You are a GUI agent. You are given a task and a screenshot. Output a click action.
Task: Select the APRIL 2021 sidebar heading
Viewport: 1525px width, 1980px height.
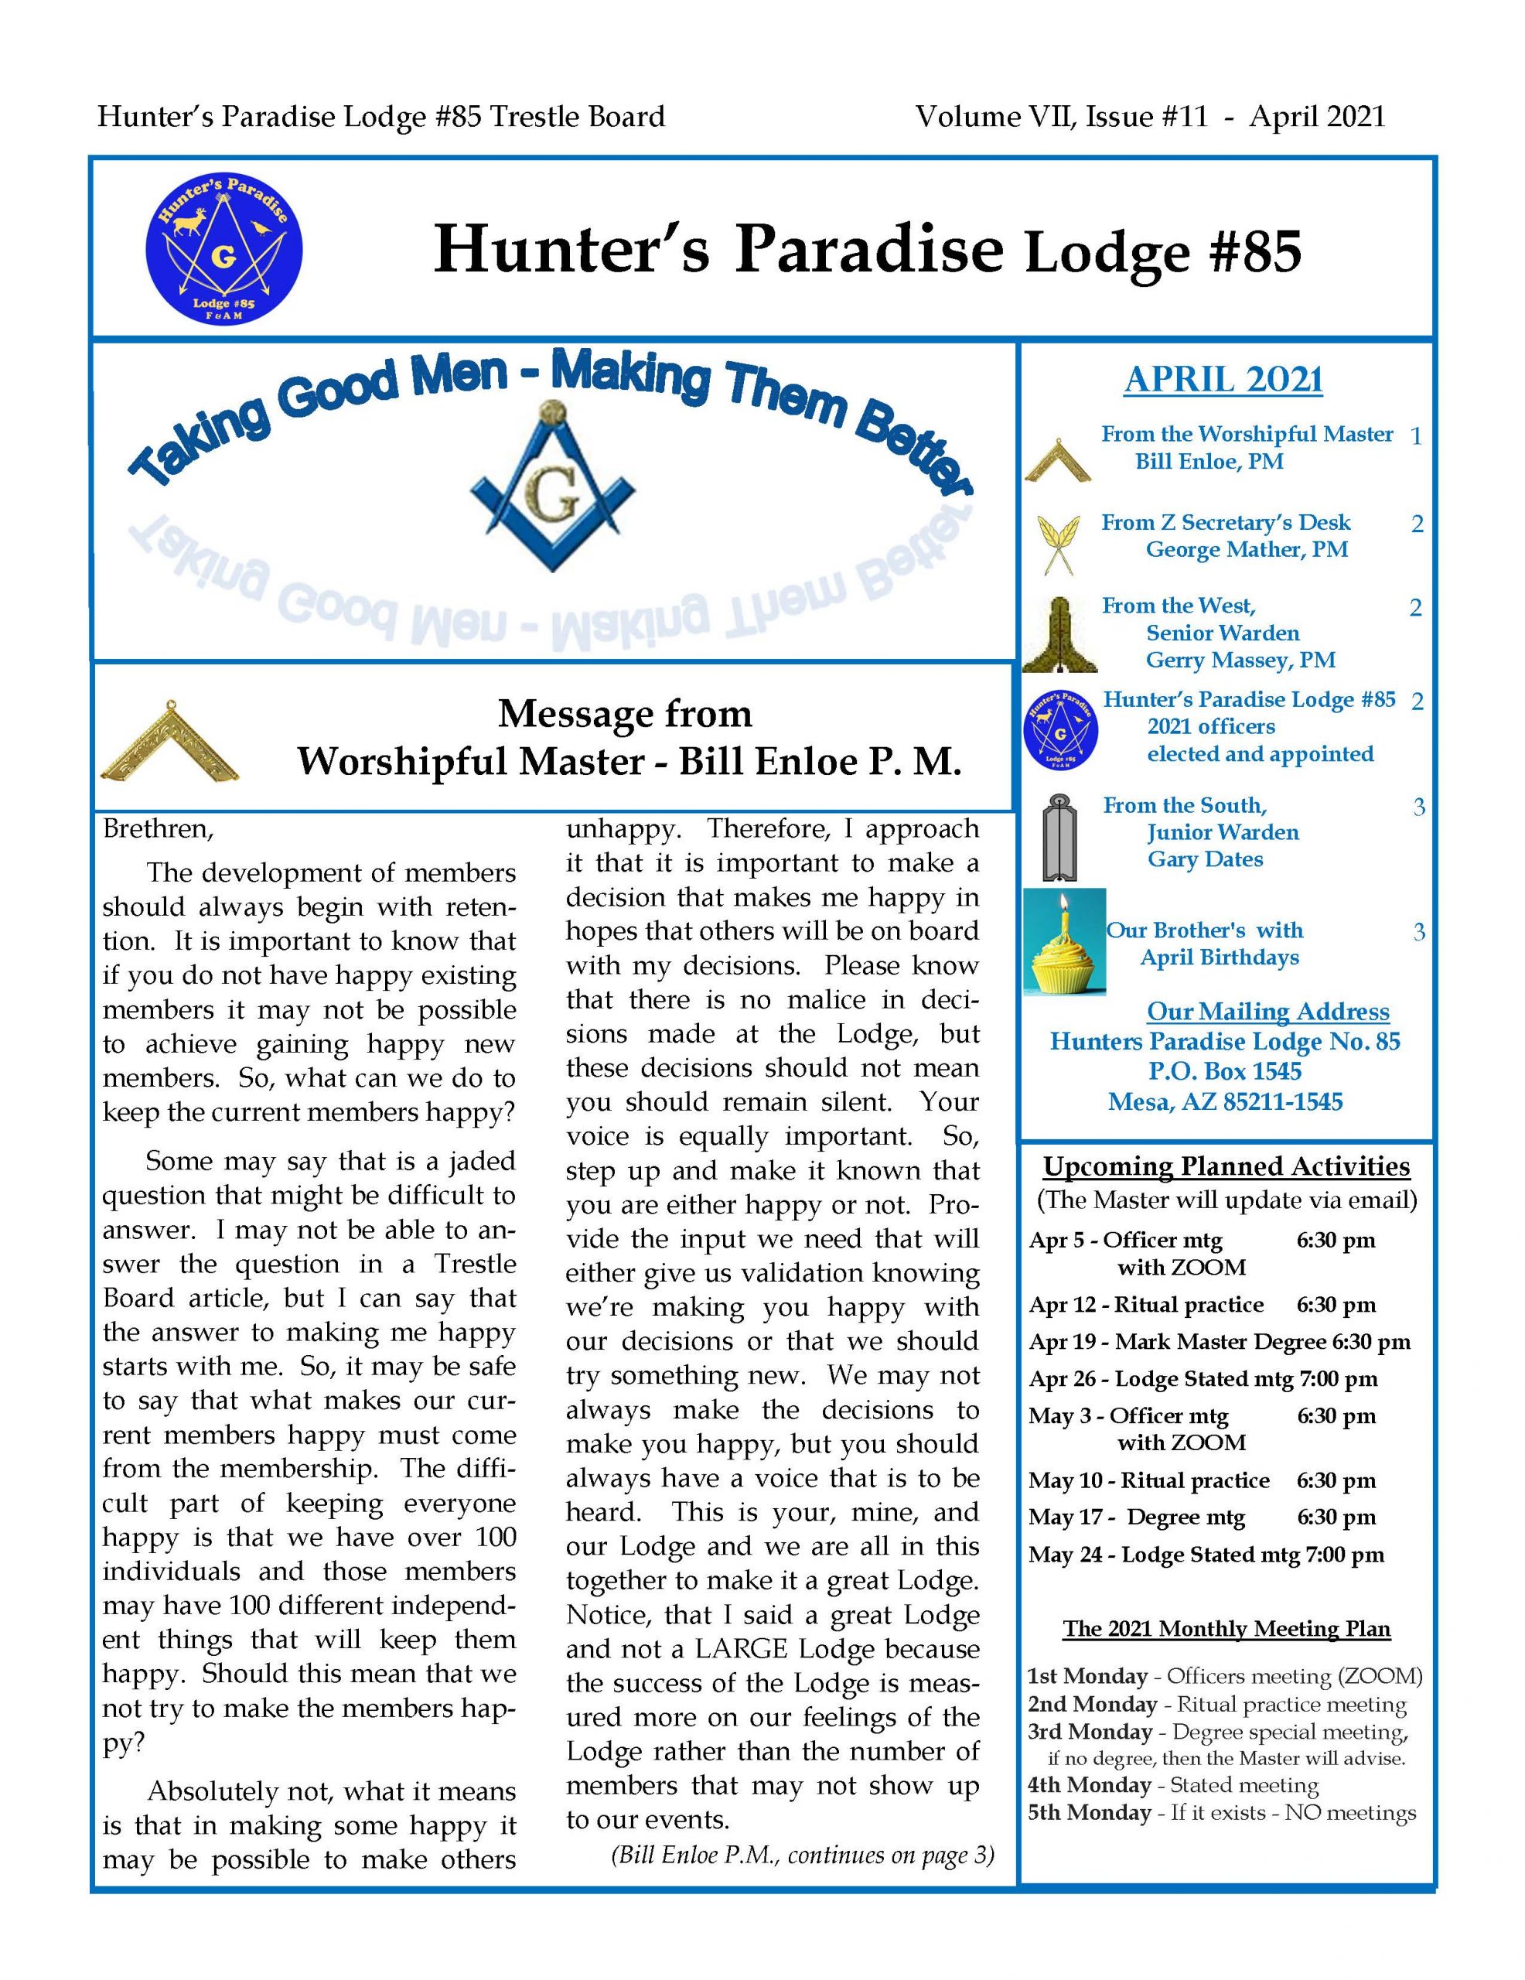click(x=1223, y=380)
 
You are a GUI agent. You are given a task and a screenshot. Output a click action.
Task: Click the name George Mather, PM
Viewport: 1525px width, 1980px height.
click(x=1247, y=549)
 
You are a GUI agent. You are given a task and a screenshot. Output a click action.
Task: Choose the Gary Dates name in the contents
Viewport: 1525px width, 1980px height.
click(x=1205, y=859)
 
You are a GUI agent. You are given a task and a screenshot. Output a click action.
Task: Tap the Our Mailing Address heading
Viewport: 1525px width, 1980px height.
click(x=1267, y=1012)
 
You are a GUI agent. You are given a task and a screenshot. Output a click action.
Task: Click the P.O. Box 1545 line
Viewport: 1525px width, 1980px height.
click(x=1224, y=1071)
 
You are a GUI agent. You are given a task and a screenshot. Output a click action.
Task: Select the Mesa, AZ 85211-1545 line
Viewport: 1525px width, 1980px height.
click(x=1225, y=1102)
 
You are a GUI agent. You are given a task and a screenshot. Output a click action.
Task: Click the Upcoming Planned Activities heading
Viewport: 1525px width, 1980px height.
click(x=1226, y=1167)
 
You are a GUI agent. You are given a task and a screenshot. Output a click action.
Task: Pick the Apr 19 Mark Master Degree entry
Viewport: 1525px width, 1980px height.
click(x=1220, y=1342)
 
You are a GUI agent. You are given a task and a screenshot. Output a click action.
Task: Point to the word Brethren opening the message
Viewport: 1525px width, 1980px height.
click(x=158, y=828)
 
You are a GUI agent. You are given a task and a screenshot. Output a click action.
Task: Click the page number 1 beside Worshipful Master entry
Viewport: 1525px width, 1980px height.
click(x=1415, y=436)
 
